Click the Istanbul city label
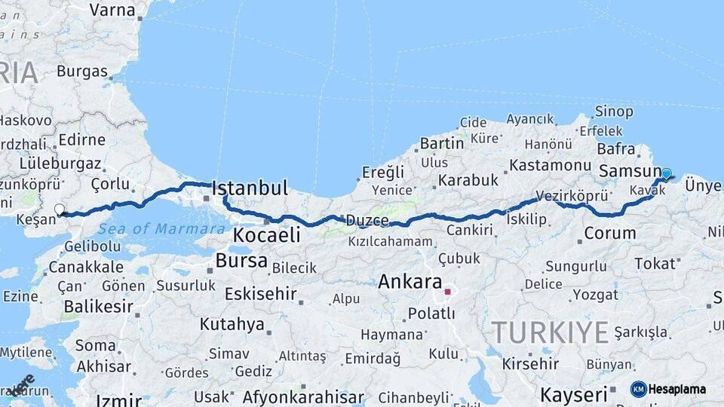point(250,188)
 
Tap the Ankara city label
point(410,282)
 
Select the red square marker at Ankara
point(447,292)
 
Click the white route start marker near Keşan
point(60,209)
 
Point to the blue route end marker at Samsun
point(666,174)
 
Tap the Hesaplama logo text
point(676,389)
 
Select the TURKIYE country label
point(550,332)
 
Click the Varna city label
point(112,10)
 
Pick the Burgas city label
point(81,72)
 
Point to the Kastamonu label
point(549,164)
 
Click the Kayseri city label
point(574,394)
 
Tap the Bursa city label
point(241,261)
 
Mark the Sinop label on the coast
point(614,112)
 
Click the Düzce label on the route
point(367,221)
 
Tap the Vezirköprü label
point(572,195)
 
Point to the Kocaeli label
point(266,235)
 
